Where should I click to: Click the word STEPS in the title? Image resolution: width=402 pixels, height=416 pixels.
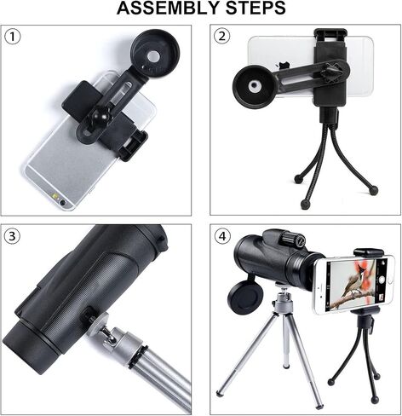[256, 9]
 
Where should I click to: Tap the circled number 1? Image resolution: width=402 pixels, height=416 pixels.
[12, 37]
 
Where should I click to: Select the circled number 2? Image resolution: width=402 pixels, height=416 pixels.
[222, 36]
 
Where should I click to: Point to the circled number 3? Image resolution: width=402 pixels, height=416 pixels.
[12, 236]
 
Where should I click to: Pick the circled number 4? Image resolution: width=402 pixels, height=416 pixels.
[222, 236]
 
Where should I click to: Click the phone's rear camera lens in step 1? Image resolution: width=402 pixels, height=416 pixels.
[62, 202]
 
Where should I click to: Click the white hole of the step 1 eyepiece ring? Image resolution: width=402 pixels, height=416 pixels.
[154, 56]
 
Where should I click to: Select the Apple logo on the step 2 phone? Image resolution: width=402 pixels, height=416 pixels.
[282, 66]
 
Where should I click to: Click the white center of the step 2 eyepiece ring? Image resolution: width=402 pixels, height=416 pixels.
[254, 86]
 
